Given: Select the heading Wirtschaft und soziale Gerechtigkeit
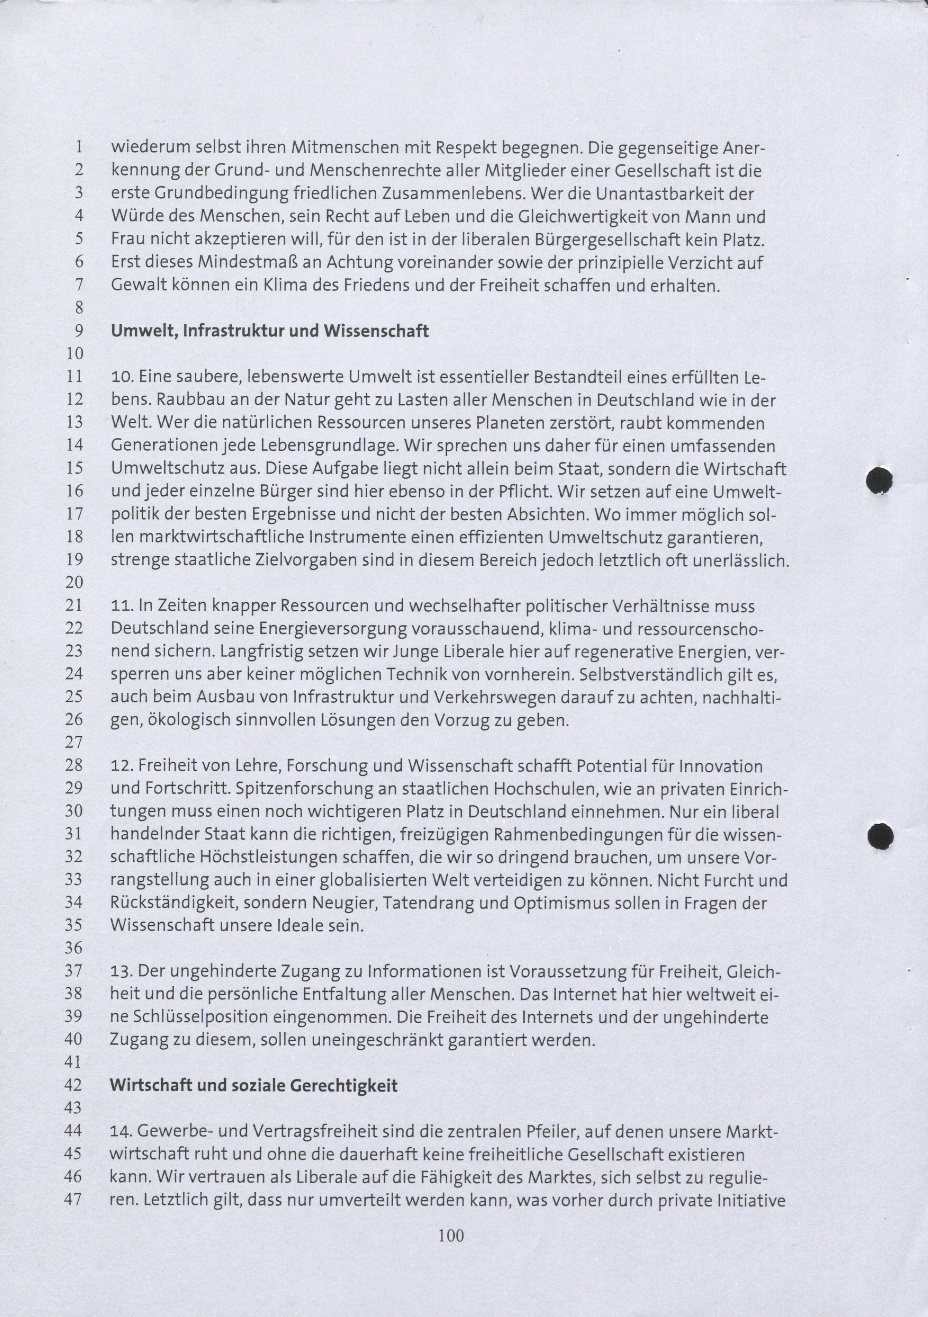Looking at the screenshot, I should (254, 1085).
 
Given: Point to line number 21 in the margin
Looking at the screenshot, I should (75, 605).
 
